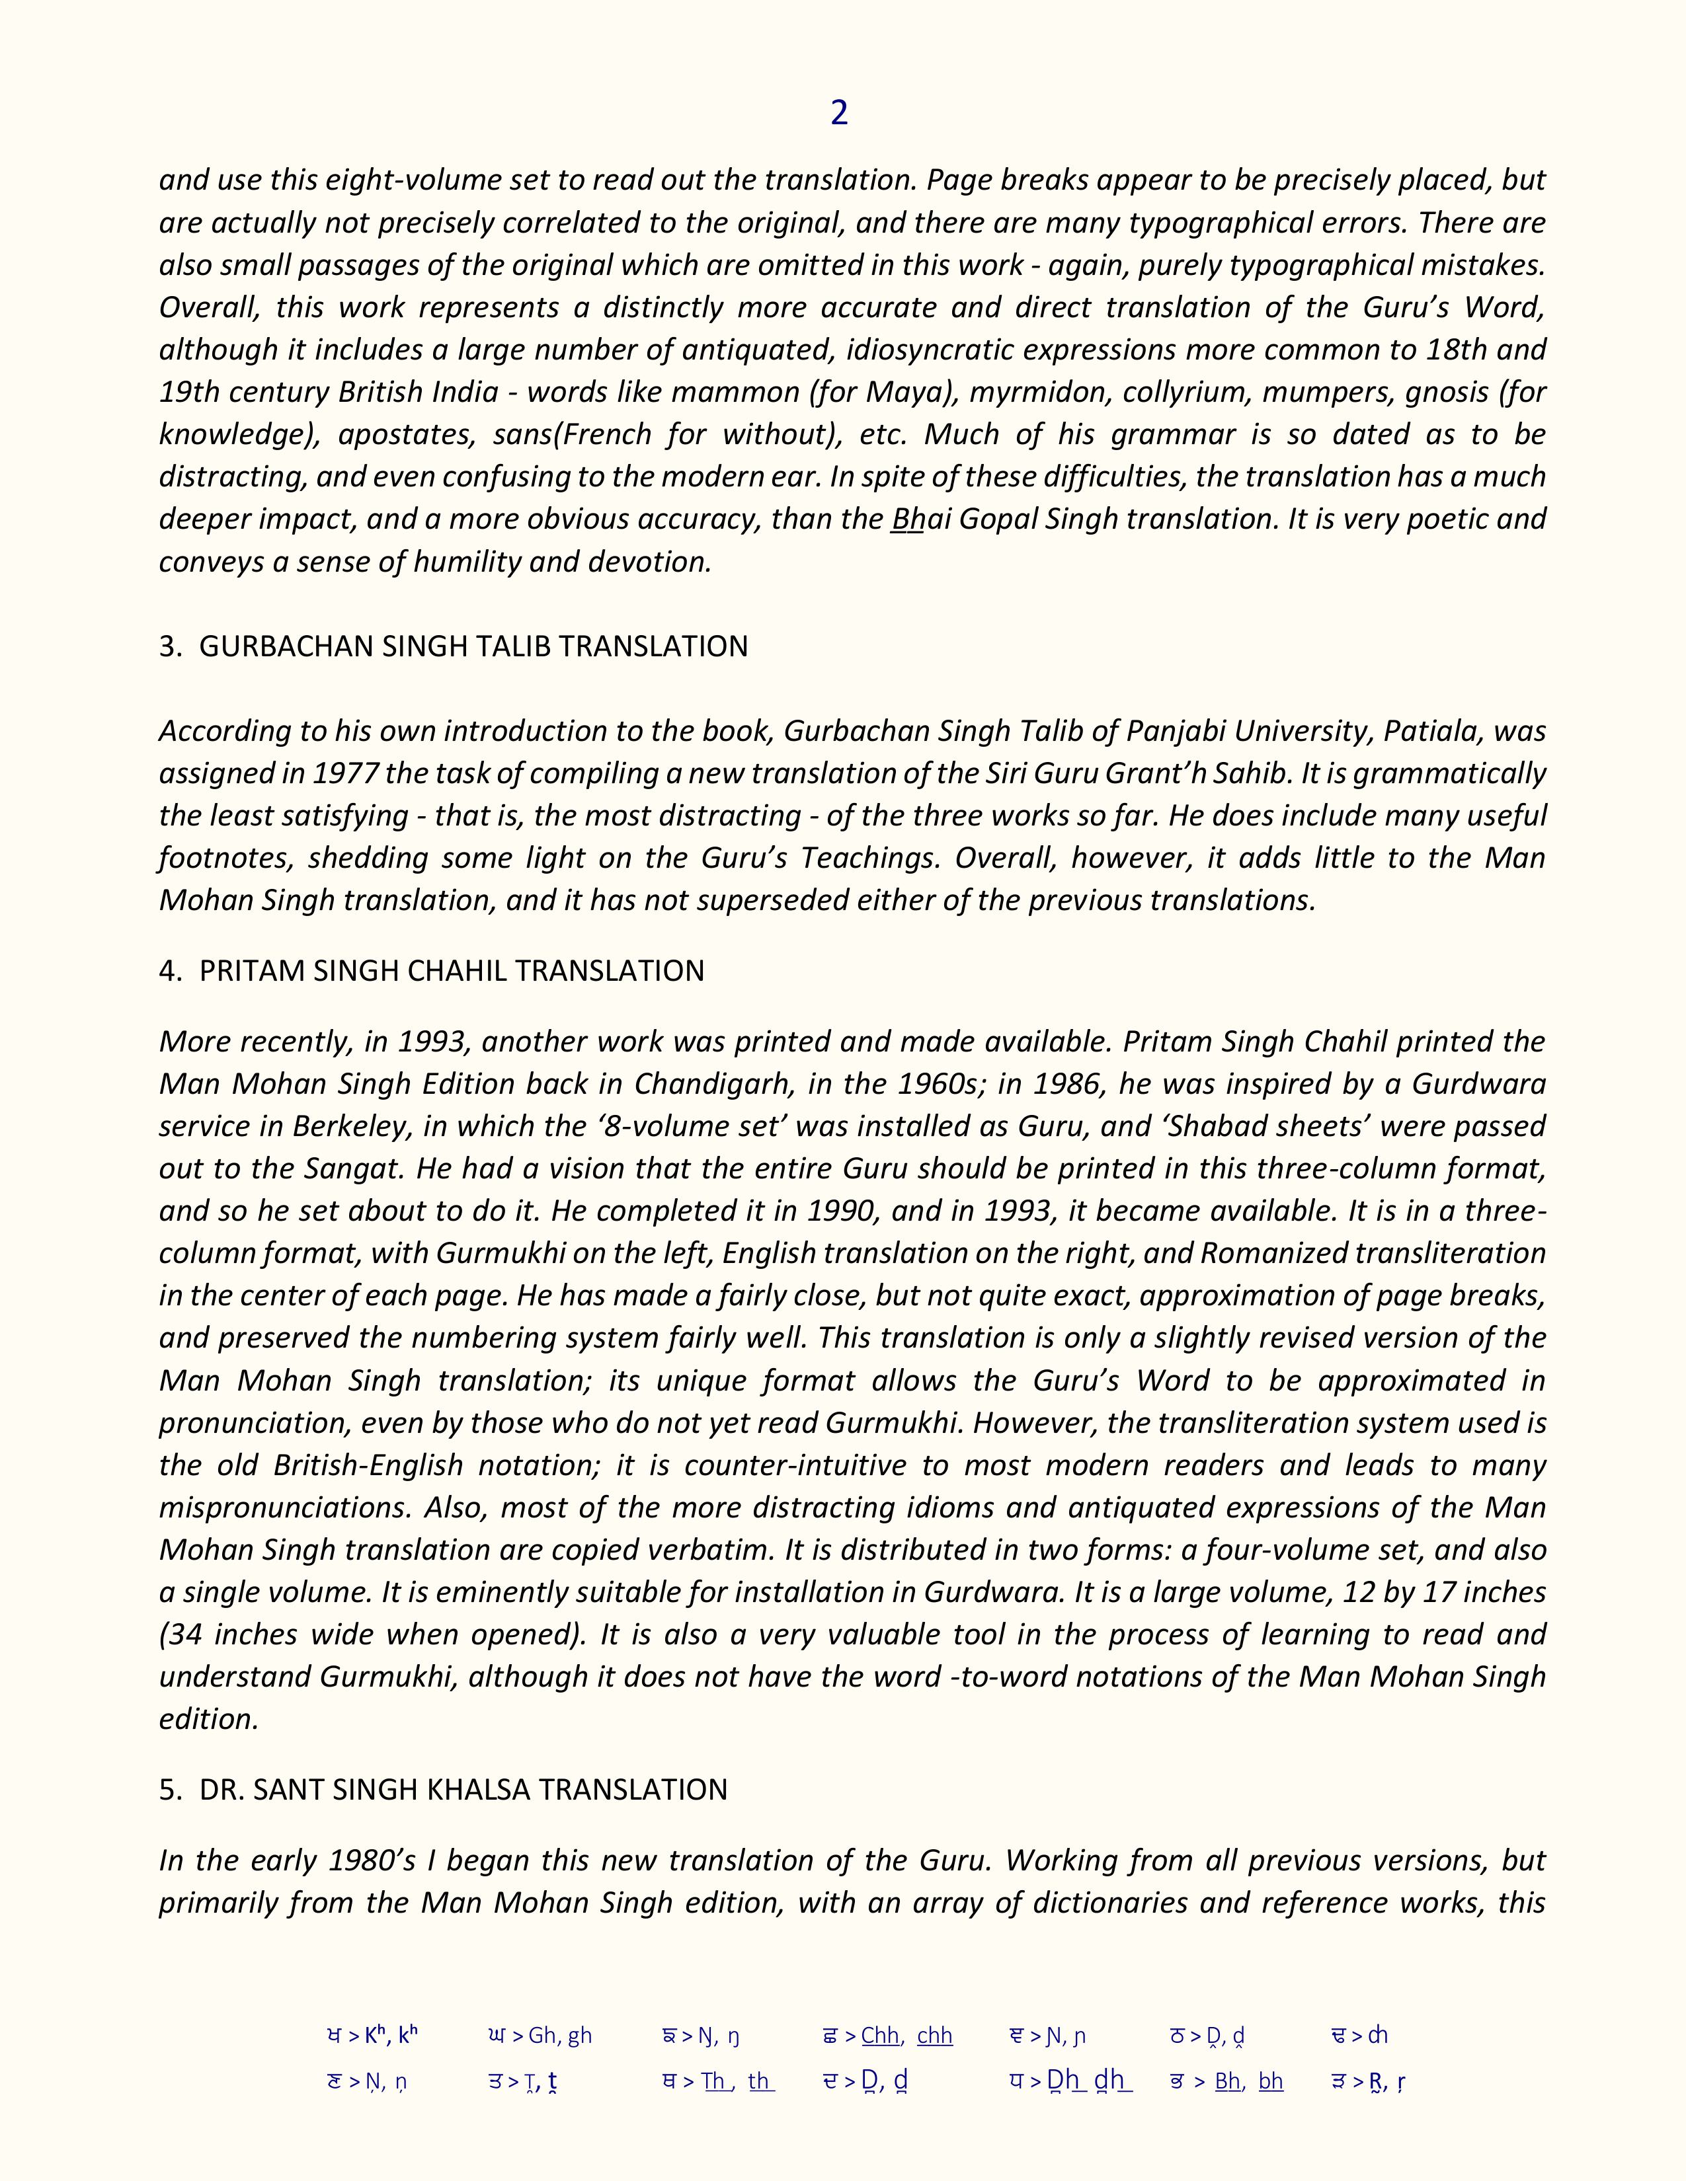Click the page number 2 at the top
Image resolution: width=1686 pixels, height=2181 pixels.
pyautogui.click(x=839, y=113)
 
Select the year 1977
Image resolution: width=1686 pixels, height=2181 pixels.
pyautogui.click(x=344, y=773)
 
